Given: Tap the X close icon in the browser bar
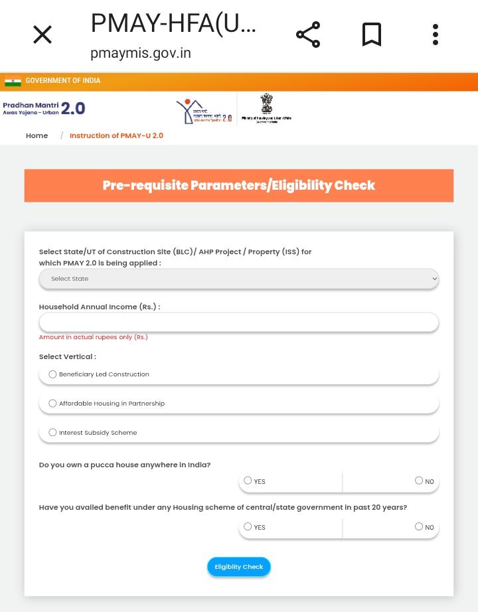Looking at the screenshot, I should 42,35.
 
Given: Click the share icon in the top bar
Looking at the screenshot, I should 308,35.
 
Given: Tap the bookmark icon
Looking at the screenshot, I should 372,35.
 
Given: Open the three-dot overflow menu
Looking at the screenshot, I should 436,35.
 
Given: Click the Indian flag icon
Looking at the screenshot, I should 13,82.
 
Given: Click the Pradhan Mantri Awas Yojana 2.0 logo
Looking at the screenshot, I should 44,108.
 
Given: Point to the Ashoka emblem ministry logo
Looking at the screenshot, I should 266,108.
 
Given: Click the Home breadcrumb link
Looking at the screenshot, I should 37,135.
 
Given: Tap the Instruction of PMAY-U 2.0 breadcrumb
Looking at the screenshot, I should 116,135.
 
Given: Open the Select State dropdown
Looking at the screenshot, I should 238,279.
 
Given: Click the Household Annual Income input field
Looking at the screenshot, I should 238,322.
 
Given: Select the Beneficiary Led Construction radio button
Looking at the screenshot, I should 52,374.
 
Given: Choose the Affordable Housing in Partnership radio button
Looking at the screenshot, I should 52,404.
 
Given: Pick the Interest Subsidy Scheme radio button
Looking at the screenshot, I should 52,433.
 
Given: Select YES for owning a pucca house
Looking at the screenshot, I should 248,481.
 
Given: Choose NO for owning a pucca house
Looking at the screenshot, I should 419,481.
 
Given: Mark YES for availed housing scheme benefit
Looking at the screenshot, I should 248,527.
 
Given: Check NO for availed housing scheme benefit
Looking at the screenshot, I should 419,527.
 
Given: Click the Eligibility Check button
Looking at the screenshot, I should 238,567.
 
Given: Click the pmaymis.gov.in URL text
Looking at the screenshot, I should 141,53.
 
